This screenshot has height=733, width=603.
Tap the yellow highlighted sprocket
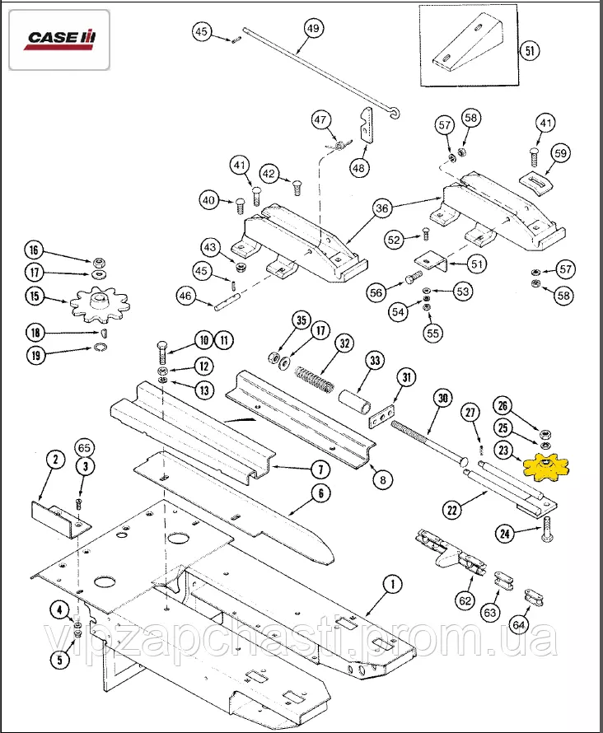click(547, 469)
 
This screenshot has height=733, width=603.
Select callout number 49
click(312, 28)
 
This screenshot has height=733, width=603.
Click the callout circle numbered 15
click(35, 296)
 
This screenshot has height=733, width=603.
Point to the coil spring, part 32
click(312, 378)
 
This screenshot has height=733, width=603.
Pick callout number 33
click(375, 361)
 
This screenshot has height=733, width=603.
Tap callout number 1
click(392, 584)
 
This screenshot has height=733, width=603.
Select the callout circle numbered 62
click(465, 601)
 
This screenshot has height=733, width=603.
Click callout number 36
click(381, 209)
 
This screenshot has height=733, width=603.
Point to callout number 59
click(560, 153)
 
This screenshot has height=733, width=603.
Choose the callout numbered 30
click(442, 398)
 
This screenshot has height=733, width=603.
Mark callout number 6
click(318, 494)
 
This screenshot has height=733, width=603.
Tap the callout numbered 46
click(185, 296)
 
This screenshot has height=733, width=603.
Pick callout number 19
click(35, 356)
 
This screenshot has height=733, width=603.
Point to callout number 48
click(358, 168)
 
